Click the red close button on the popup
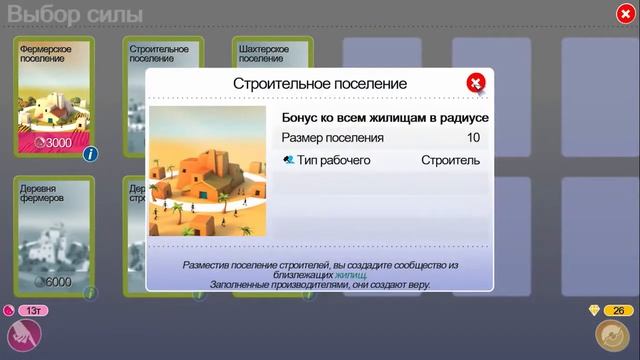[x=476, y=83]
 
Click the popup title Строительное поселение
[x=320, y=84]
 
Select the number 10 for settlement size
[x=473, y=138]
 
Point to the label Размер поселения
[x=332, y=138]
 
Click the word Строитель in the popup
[x=450, y=160]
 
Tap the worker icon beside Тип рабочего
[x=289, y=160]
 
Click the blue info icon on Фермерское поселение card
[x=90, y=153]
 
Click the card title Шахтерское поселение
[x=261, y=53]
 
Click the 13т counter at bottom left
[x=31, y=311]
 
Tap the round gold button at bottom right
[x=610, y=336]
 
